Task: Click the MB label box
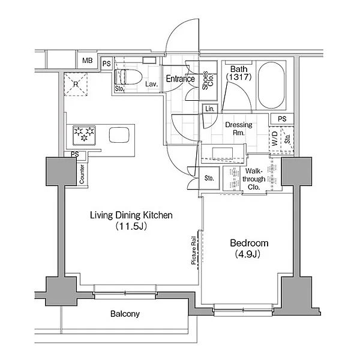pos(87,61)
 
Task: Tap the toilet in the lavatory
pos(128,77)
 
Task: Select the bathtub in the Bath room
pos(271,85)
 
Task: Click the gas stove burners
pos(84,136)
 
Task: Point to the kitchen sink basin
pos(119,135)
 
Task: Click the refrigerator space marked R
pos(76,84)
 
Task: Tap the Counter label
pos(82,174)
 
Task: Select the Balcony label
pos(125,314)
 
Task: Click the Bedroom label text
pos(249,243)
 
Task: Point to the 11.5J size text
pos(131,226)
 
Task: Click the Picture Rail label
pos(194,250)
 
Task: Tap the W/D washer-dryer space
pos(275,139)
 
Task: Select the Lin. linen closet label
pos(210,109)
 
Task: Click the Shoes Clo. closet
pos(208,80)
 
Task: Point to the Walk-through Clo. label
pos(254,179)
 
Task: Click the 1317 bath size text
pos(239,77)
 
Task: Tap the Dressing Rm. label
pos(239,129)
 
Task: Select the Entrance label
pos(181,79)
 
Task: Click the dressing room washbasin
pos(222,153)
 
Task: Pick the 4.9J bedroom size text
pos(247,254)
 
